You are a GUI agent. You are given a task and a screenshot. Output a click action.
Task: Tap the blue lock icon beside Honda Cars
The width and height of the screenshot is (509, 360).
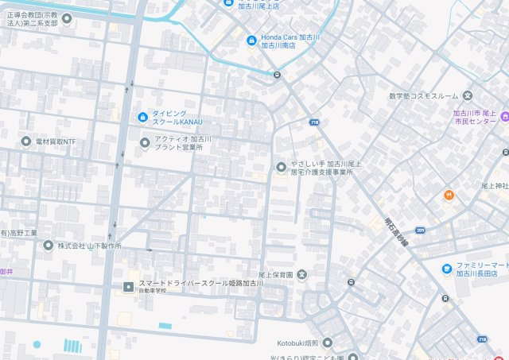click(x=251, y=40)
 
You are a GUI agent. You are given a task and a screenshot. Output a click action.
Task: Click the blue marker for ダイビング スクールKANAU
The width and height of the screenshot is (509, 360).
click(x=142, y=118)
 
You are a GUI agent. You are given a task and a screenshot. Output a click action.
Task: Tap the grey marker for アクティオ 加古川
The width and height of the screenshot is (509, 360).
click(x=144, y=143)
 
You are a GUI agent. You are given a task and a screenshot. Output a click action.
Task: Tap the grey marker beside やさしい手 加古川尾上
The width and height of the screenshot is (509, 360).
click(x=280, y=167)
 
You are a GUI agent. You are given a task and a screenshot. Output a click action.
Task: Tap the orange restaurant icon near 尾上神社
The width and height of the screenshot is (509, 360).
click(x=449, y=195)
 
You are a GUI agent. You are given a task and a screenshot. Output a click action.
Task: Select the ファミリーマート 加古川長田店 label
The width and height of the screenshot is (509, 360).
click(x=482, y=268)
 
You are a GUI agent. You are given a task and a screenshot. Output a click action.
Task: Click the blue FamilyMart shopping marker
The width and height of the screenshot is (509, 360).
click(x=447, y=268)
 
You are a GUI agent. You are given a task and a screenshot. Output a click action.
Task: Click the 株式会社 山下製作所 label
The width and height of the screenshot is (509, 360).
click(x=89, y=246)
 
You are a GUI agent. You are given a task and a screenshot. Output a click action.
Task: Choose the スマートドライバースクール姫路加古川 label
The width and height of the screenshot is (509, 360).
click(x=201, y=285)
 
